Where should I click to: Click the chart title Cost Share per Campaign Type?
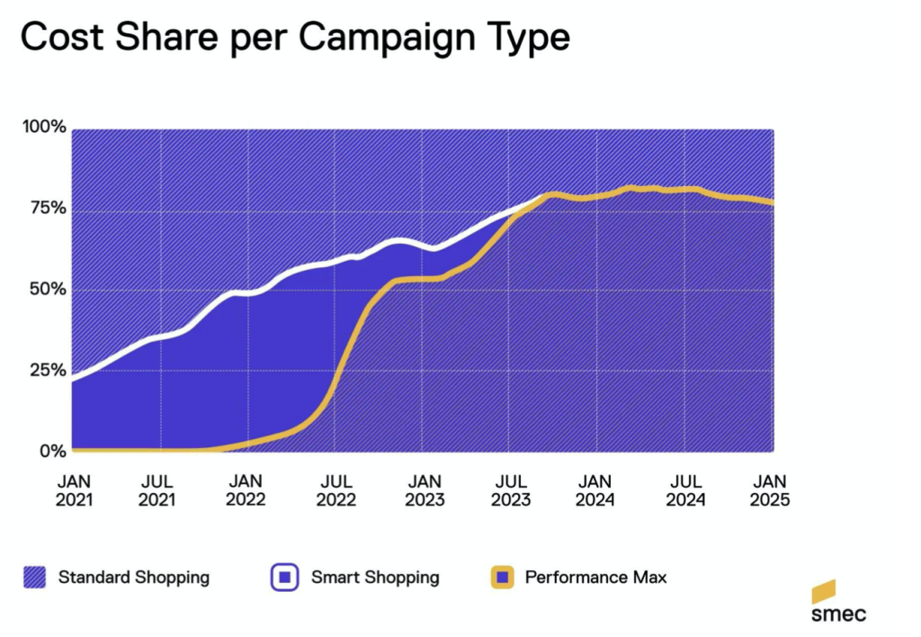click(294, 39)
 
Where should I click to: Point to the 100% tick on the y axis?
click(46, 127)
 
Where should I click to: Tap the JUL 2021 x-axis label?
click(157, 490)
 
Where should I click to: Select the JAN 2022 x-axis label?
click(246, 490)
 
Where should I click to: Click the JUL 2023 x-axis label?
click(510, 490)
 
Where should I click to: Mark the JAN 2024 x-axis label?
click(595, 490)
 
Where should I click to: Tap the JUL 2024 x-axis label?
click(686, 490)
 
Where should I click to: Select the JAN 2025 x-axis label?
click(770, 490)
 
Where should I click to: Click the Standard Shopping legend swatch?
click(35, 577)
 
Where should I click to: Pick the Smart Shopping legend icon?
click(285, 577)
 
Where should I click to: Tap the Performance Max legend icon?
click(501, 577)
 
